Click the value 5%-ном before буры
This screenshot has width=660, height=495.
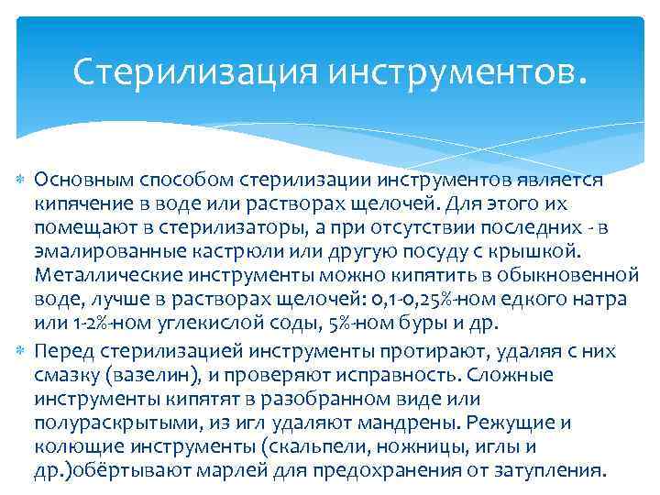382,324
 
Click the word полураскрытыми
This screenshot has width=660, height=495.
102,424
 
